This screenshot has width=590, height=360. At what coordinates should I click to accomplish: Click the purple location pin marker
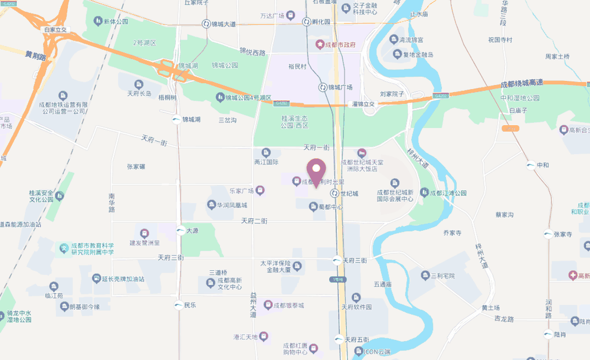(x=316, y=172)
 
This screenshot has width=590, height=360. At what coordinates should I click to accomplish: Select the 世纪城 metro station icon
(x=334, y=193)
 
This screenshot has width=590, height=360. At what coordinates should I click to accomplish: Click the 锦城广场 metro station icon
(x=323, y=87)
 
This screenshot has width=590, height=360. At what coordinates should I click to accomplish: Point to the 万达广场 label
(x=273, y=15)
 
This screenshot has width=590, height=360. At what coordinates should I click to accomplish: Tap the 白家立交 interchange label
(x=57, y=29)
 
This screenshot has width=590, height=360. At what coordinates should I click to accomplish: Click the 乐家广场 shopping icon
(x=260, y=190)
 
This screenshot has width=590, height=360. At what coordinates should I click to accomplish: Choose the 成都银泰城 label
(x=288, y=306)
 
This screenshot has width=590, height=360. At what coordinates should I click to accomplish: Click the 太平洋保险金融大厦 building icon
(x=297, y=266)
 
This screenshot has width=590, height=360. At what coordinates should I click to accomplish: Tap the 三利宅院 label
(x=442, y=276)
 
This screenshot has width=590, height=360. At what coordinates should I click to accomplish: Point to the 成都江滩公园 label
(x=448, y=193)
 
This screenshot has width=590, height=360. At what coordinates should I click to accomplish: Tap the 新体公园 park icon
(x=97, y=22)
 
